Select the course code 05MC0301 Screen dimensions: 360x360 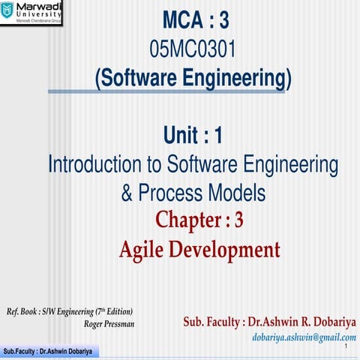(x=193, y=49)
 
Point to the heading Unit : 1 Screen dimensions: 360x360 (x=193, y=136)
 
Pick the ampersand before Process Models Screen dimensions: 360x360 (x=128, y=193)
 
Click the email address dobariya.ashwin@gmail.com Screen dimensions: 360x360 (x=304, y=337)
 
